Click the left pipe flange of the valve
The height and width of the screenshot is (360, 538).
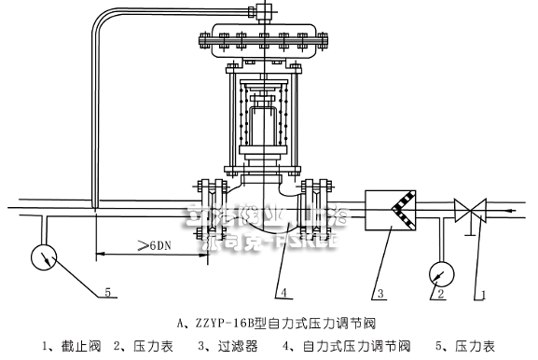pos(205,204)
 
